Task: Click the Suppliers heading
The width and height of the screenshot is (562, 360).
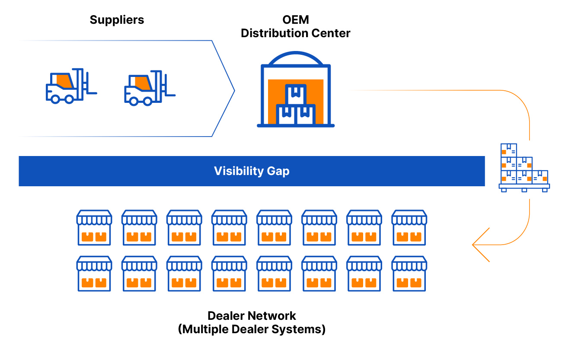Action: point(117,20)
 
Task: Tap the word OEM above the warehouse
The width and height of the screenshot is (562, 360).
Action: point(296,20)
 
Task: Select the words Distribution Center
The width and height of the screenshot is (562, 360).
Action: point(296,33)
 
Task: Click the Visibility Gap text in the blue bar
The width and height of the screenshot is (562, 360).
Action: point(252,171)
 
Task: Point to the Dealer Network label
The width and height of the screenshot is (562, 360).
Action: point(252,315)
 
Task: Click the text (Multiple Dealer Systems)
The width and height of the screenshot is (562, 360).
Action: point(252,329)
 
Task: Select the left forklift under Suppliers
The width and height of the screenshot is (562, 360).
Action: point(70,87)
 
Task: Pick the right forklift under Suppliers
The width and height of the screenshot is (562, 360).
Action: point(149,89)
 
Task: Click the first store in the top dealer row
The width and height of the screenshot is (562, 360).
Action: point(94,227)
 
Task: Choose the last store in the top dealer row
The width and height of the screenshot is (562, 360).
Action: point(409,227)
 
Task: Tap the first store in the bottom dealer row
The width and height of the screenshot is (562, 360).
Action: point(94,274)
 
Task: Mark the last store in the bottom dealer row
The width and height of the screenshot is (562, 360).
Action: point(409,274)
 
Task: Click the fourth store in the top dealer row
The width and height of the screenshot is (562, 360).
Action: point(229,227)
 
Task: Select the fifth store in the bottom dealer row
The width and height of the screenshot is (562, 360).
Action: point(274,274)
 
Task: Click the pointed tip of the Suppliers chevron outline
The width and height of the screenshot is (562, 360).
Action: point(234,91)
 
